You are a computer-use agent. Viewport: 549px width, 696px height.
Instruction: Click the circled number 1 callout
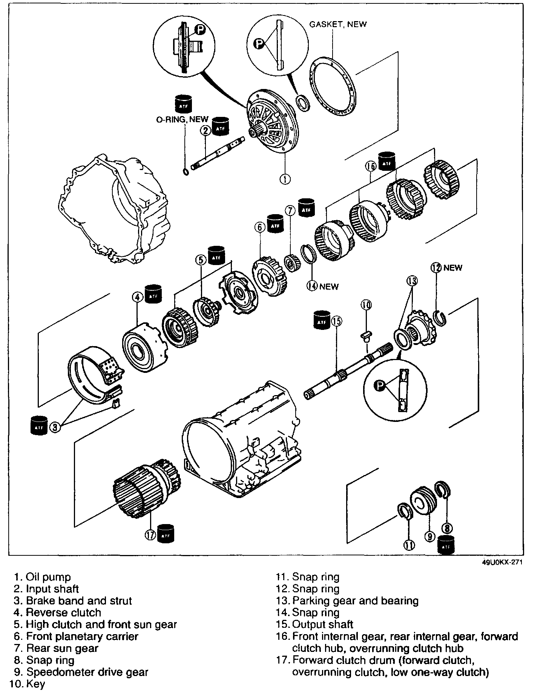pos(285,179)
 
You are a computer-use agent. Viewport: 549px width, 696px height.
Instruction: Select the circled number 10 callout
pos(366,304)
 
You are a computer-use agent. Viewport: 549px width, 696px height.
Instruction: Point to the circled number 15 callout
pos(336,321)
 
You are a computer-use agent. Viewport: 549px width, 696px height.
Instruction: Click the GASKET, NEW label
pos(338,24)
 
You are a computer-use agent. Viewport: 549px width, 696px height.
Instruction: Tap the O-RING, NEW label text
pos(182,120)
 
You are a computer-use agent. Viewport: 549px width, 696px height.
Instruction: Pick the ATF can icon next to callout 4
pos(153,293)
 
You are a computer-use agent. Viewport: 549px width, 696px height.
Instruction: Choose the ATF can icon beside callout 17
pos(167,533)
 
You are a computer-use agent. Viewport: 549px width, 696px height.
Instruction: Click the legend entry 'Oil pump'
pos(48,577)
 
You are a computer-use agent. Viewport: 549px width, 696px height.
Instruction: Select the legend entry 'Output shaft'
pos(322,624)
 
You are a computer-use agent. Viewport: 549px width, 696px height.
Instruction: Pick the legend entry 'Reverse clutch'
pos(63,613)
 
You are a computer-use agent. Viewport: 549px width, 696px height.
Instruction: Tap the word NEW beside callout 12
pos(453,268)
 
